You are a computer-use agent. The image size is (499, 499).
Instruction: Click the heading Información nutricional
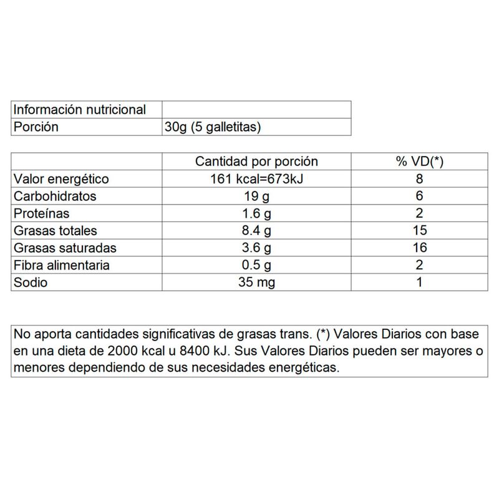pos(80,110)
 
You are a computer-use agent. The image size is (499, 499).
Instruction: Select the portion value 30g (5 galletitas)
pos(212,127)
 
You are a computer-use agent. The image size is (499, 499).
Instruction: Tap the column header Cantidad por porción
pos(256,162)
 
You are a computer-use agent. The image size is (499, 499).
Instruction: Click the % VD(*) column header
pos(419,162)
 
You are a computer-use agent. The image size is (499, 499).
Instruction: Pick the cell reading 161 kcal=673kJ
pos(256,179)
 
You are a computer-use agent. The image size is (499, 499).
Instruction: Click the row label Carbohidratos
pos(55,196)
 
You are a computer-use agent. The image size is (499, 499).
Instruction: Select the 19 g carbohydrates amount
pos(256,196)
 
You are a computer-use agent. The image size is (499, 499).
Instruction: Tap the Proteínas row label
pos(42,213)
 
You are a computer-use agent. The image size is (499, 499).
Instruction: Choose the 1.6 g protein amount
pos(256,213)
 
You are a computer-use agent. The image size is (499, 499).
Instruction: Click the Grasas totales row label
pos(56,231)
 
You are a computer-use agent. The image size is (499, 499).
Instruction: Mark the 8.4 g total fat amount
pos(256,231)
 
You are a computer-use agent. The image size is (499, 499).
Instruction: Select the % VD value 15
pos(419,231)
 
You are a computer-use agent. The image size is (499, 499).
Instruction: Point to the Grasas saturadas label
pos(64,248)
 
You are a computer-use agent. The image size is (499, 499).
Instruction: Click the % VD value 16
pos(419,248)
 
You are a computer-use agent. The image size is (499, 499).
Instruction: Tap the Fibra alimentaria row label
pos(62,265)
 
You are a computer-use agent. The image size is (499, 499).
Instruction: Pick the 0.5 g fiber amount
pos(256,265)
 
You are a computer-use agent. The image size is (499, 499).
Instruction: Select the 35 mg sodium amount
pos(256,282)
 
